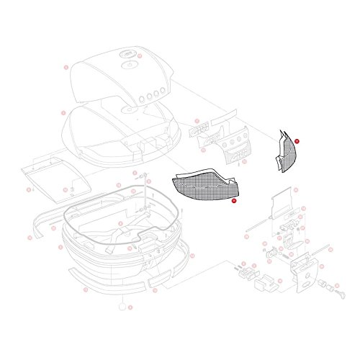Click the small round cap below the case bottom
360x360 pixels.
120,307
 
